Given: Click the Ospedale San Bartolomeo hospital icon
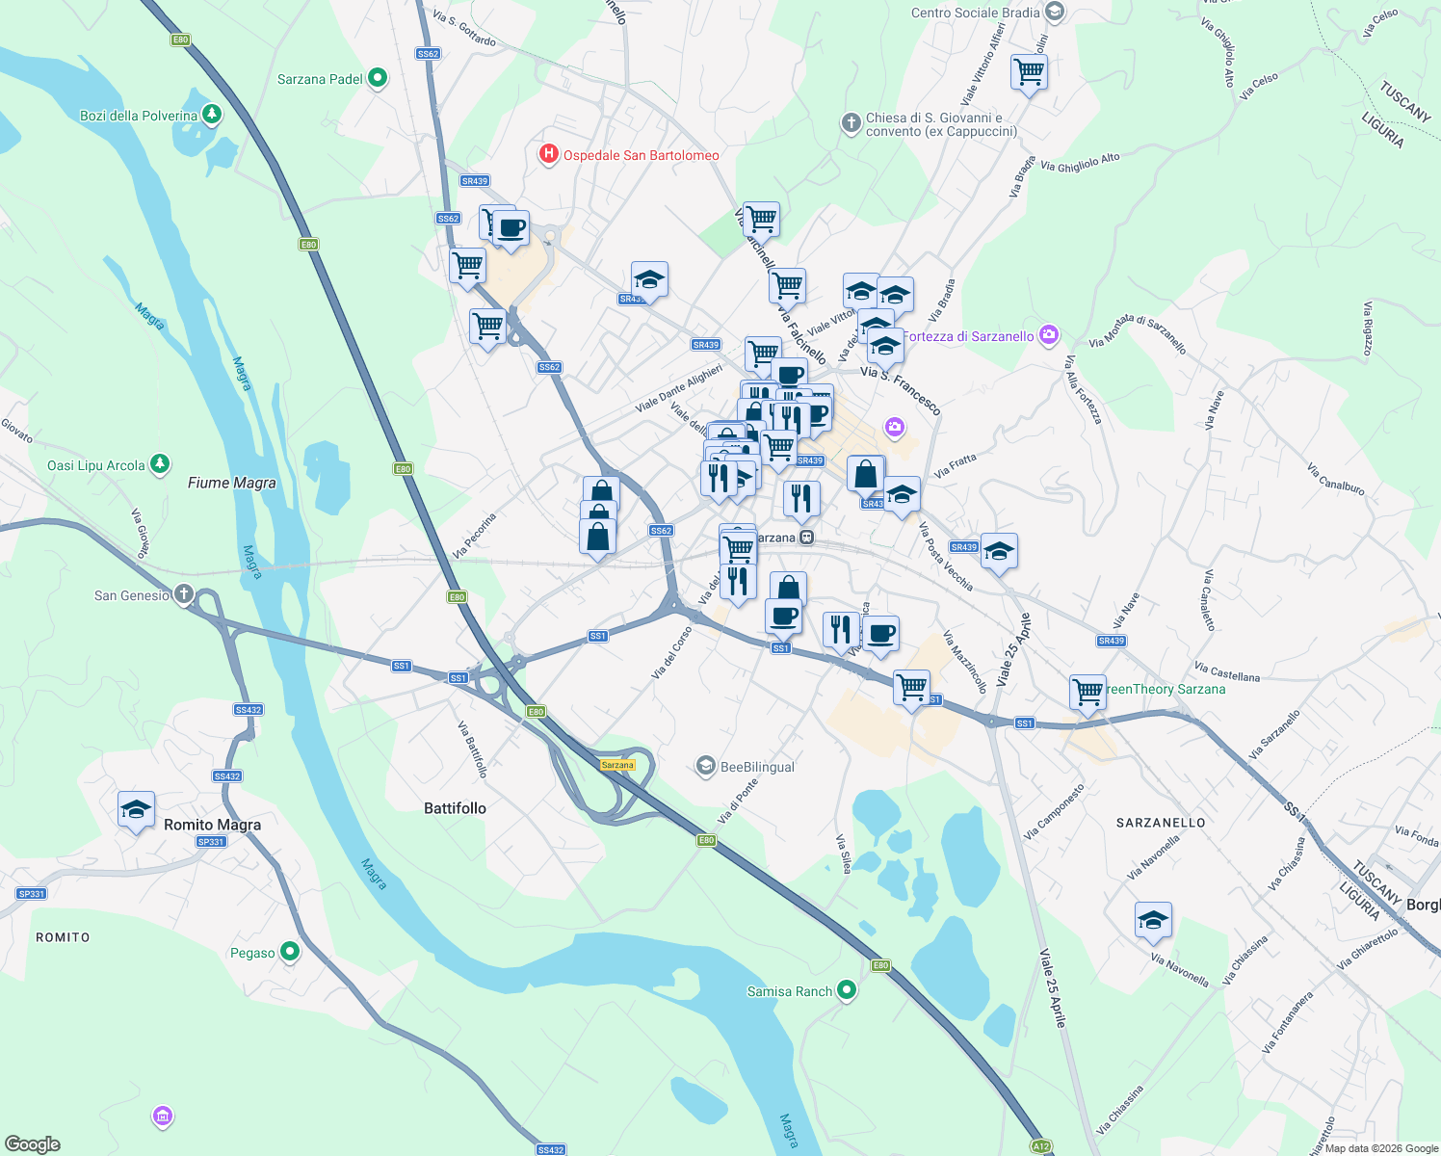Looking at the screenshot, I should click(x=548, y=154).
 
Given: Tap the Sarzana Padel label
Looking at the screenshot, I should click(x=320, y=79).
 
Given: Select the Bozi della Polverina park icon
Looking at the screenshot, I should click(x=212, y=115).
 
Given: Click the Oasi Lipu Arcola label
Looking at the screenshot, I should click(x=96, y=465).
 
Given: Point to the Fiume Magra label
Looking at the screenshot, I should click(x=231, y=483).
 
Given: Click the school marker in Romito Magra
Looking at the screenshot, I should click(x=136, y=810).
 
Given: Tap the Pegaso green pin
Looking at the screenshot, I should click(x=289, y=952).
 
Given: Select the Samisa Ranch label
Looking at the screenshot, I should click(x=789, y=990).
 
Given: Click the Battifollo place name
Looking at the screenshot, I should click(x=455, y=807).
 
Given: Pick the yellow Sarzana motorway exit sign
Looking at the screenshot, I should click(x=617, y=765).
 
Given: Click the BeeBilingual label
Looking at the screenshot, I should click(x=757, y=767).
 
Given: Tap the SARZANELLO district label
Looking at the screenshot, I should click(x=1160, y=822).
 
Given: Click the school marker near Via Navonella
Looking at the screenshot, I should click(x=1153, y=921).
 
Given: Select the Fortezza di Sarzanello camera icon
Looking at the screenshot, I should click(x=1049, y=335).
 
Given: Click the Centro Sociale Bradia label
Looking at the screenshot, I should click(x=975, y=13).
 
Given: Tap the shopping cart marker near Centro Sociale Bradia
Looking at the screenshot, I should click(x=1029, y=72).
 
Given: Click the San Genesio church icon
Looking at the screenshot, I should click(x=183, y=594).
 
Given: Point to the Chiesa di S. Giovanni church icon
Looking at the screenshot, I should click(x=851, y=122).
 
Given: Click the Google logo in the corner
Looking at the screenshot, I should click(x=32, y=1143).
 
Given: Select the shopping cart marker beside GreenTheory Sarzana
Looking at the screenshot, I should click(x=1087, y=692).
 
